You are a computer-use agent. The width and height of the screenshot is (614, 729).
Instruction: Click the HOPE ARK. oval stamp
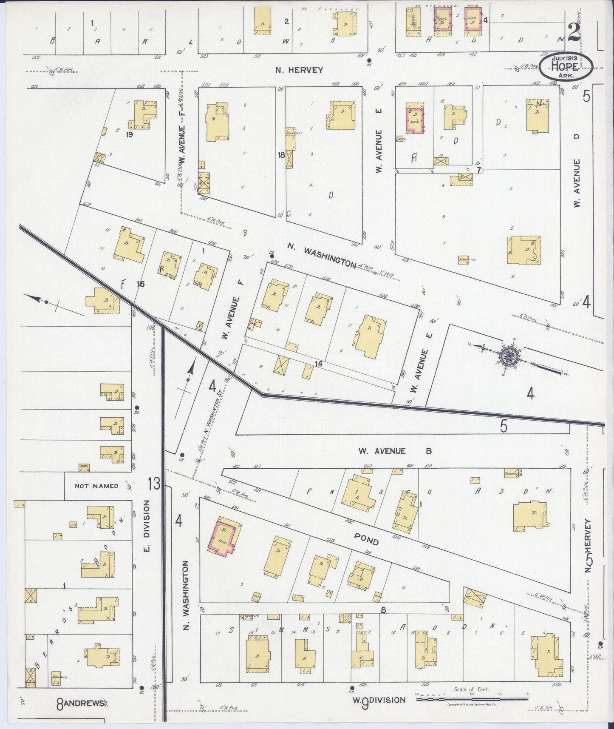567,66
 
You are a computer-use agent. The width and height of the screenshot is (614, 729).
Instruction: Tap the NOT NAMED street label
96,486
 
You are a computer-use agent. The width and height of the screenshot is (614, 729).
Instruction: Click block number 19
130,135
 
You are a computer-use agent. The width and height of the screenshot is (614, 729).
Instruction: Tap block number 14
319,364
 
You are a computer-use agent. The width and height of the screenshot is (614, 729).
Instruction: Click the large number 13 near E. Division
154,484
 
